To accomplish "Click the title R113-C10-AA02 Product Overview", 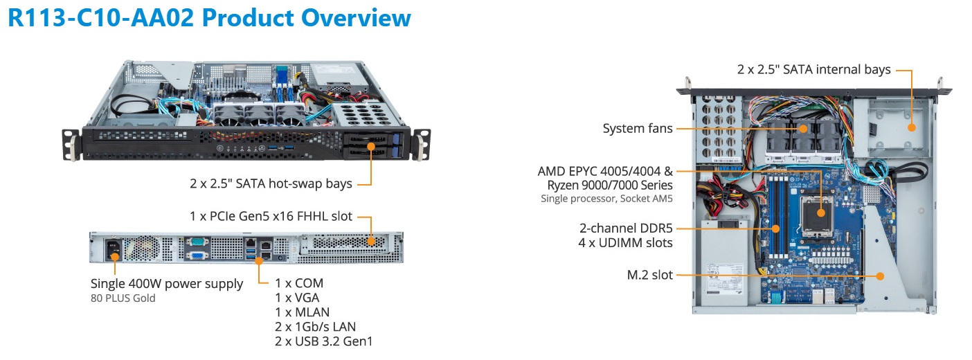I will (x=209, y=18).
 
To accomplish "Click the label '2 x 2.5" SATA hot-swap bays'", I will (x=271, y=183).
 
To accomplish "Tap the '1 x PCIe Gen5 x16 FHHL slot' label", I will (x=271, y=217).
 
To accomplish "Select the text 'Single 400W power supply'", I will (x=167, y=284).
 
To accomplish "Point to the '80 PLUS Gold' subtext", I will (x=123, y=298).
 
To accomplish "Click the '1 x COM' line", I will (x=299, y=282).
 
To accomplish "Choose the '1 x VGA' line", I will (x=297, y=297).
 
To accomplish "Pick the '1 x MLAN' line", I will (x=303, y=312).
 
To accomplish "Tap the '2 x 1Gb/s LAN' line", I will (x=316, y=326).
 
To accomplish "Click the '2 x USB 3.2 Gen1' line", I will (x=324, y=341).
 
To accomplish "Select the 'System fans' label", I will (x=637, y=128).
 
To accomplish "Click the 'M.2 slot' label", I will (x=649, y=275).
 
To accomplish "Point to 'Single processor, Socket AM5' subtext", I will (x=607, y=199).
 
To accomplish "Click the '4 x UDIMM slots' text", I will (x=625, y=242).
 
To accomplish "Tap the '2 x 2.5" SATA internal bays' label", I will (x=813, y=69).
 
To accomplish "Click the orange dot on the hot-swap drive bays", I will (x=372, y=146).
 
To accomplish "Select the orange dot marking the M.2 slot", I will (x=880, y=276).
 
